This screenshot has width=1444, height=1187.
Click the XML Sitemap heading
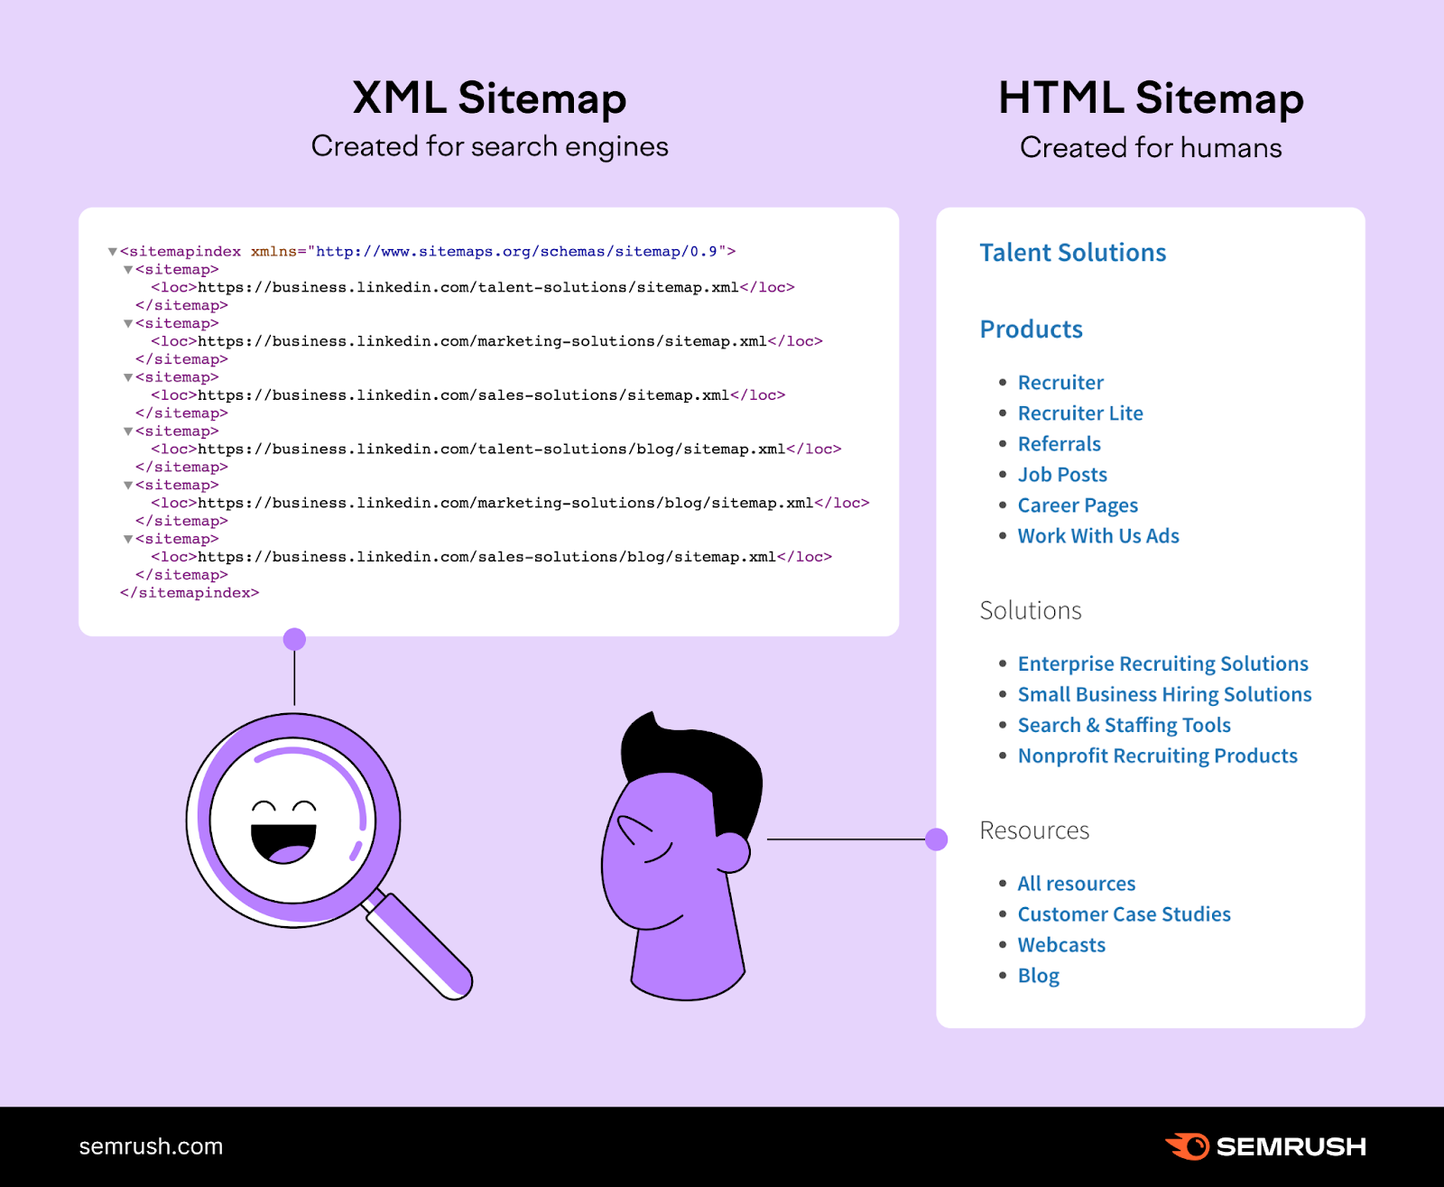(489, 97)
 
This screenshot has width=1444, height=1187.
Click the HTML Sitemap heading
(1151, 97)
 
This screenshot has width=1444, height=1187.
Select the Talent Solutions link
(1072, 253)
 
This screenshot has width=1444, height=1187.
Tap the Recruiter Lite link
(1080, 413)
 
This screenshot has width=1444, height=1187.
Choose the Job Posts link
(1062, 475)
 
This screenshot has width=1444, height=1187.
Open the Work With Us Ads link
(1098, 536)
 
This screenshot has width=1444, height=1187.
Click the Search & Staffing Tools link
(1124, 726)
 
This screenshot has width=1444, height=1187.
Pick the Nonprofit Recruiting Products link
(1157, 756)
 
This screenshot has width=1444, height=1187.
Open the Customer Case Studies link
(1124, 914)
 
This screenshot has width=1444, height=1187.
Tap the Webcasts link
(1061, 945)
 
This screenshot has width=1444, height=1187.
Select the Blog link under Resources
(1038, 976)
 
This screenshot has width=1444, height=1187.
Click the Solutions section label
(1031, 611)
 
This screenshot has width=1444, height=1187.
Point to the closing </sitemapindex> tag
(190, 593)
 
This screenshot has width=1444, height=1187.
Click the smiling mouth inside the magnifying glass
(283, 843)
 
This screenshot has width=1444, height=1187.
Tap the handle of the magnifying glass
(421, 946)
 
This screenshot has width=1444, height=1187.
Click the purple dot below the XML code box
(294, 640)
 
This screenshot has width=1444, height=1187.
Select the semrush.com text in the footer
(151, 1146)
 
